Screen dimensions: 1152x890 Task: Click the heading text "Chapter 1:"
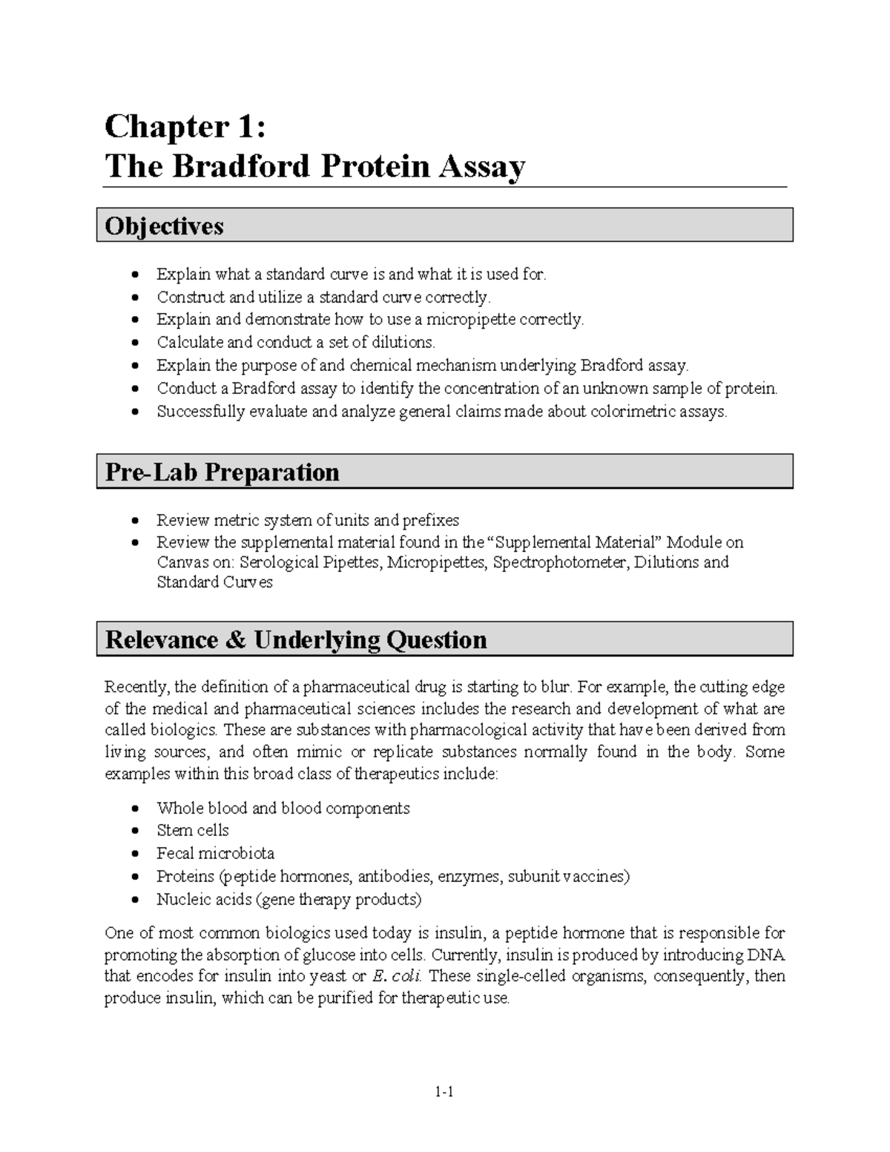point(184,127)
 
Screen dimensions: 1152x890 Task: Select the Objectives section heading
point(164,226)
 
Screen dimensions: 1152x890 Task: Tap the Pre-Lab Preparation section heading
point(222,472)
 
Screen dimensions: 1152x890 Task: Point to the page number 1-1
point(445,1091)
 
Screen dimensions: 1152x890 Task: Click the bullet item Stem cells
point(193,830)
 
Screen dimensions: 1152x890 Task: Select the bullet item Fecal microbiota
point(215,853)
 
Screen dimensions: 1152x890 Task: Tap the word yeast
point(327,976)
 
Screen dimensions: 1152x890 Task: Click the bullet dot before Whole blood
point(134,809)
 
